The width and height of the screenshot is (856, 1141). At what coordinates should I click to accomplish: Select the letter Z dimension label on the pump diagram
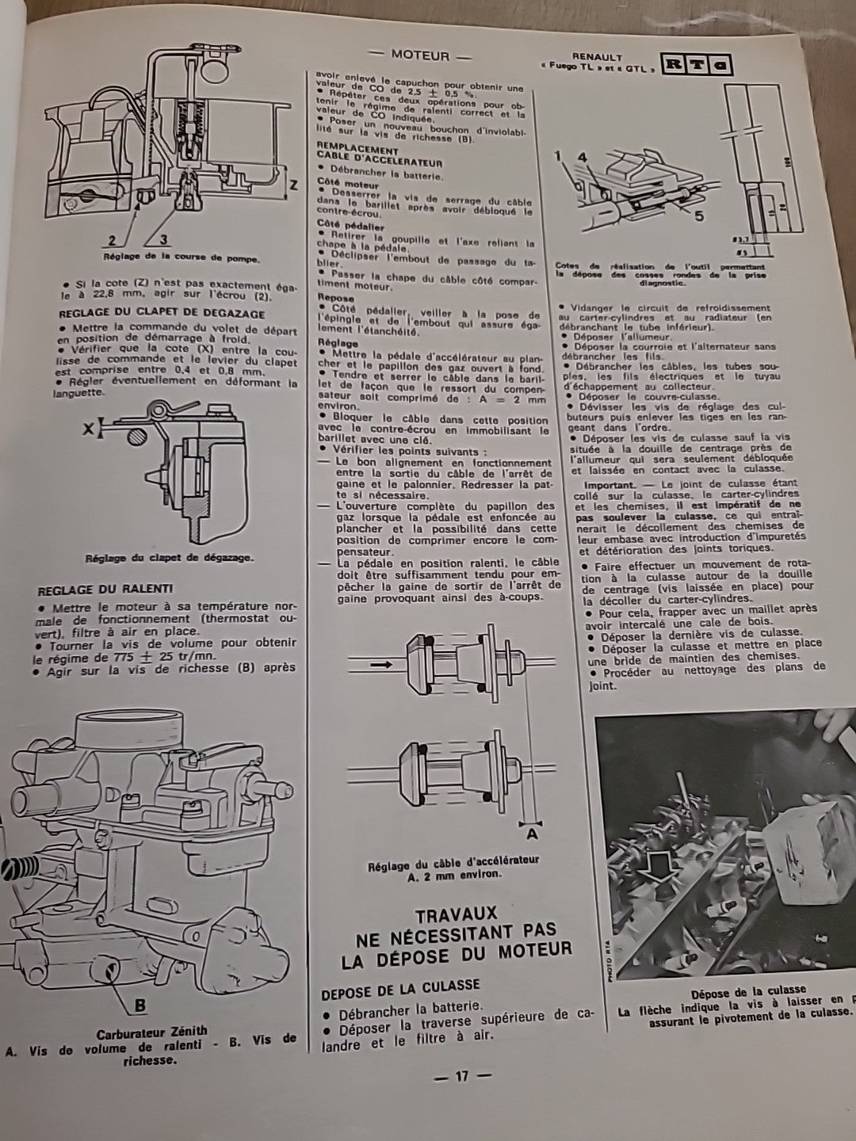click(293, 186)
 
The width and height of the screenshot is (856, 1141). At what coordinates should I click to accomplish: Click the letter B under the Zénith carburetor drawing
click(139, 1006)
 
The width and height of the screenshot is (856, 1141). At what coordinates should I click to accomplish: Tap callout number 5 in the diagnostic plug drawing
click(698, 214)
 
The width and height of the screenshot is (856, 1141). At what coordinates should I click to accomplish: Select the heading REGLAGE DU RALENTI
click(106, 590)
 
